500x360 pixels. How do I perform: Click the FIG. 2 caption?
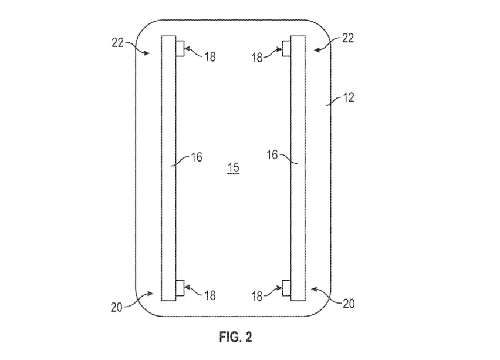(236, 337)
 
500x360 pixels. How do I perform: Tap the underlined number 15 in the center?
(234, 168)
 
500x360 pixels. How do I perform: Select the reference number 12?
(348, 97)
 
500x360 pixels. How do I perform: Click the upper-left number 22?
(117, 42)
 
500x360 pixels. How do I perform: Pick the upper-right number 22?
(348, 38)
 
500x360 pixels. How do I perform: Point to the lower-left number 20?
(117, 307)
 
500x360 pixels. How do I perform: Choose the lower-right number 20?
(349, 304)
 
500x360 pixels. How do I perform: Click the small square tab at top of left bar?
(180, 49)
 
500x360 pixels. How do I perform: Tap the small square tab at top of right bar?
(286, 49)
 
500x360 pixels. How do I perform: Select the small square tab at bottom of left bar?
(180, 288)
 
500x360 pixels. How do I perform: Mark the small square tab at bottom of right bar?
(286, 288)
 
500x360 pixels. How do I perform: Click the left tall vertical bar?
(168, 168)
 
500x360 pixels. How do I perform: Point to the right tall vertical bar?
(298, 168)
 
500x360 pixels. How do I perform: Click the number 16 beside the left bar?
(197, 157)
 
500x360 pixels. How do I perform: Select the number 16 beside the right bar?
(272, 155)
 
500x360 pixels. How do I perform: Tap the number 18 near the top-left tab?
(210, 57)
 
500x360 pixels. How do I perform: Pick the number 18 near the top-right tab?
(257, 58)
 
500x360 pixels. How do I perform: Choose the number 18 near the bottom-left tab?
(210, 296)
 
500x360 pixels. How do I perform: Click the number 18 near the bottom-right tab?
(257, 297)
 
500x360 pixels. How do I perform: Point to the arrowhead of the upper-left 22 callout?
(147, 53)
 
